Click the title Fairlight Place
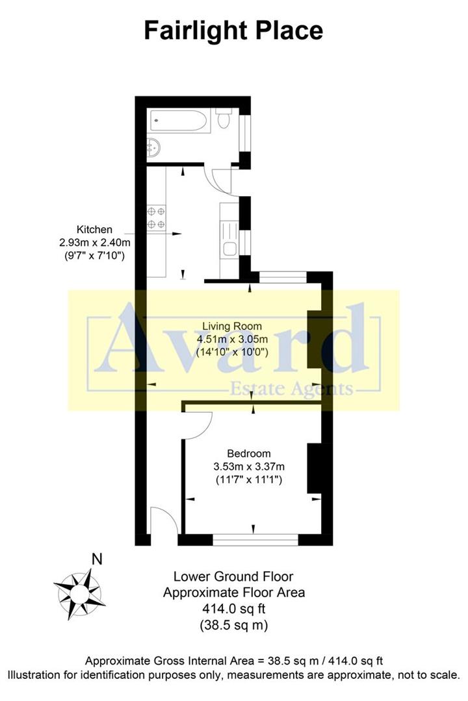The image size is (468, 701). click(233, 31)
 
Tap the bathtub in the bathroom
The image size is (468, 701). click(179, 121)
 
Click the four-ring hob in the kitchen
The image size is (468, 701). click(156, 217)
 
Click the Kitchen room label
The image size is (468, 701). click(95, 229)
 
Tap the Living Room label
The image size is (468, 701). click(233, 326)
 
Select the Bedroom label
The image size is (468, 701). click(249, 454)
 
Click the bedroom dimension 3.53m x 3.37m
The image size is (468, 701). click(250, 467)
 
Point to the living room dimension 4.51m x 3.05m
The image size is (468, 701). click(233, 339)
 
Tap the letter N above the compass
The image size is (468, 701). click(97, 559)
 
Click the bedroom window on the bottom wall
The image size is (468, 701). click(255, 539)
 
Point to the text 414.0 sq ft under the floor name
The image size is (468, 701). click(233, 609)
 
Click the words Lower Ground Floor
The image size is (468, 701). click(233, 576)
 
